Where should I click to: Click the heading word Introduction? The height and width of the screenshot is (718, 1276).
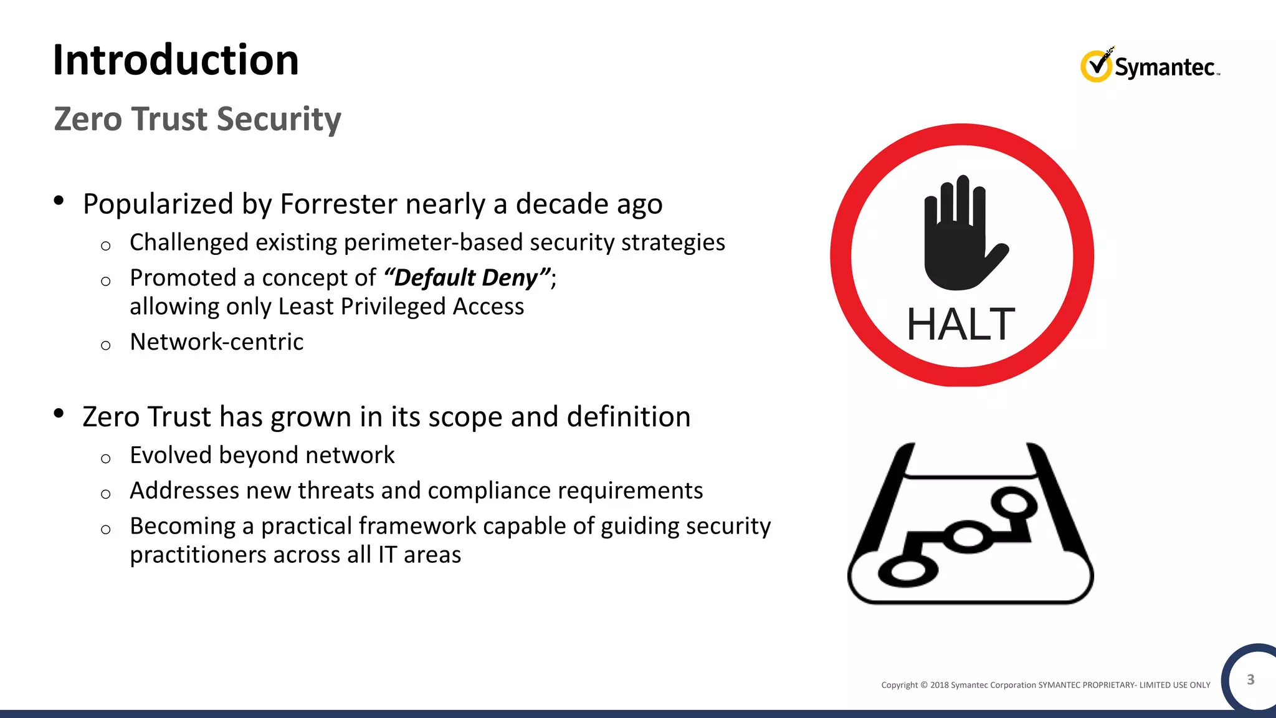[176, 60]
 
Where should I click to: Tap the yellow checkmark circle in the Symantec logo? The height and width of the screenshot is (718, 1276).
[1095, 66]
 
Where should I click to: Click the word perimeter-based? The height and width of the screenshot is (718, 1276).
[434, 242]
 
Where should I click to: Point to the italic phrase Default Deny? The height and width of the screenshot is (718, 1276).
[466, 278]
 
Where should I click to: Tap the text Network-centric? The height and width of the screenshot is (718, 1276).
[216, 342]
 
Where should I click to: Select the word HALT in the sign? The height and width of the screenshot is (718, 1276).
[961, 325]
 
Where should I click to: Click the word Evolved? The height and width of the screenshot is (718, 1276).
[171, 456]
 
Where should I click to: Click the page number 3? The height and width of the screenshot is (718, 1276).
[1250, 679]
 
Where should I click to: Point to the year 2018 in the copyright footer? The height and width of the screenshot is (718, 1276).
[939, 685]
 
